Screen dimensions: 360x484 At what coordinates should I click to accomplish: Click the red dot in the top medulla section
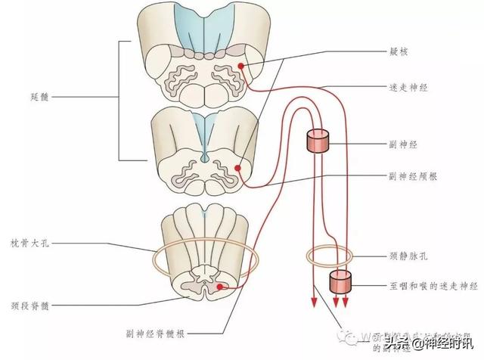(x=241, y=67)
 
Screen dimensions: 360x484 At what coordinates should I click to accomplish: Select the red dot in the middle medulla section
(x=237, y=168)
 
